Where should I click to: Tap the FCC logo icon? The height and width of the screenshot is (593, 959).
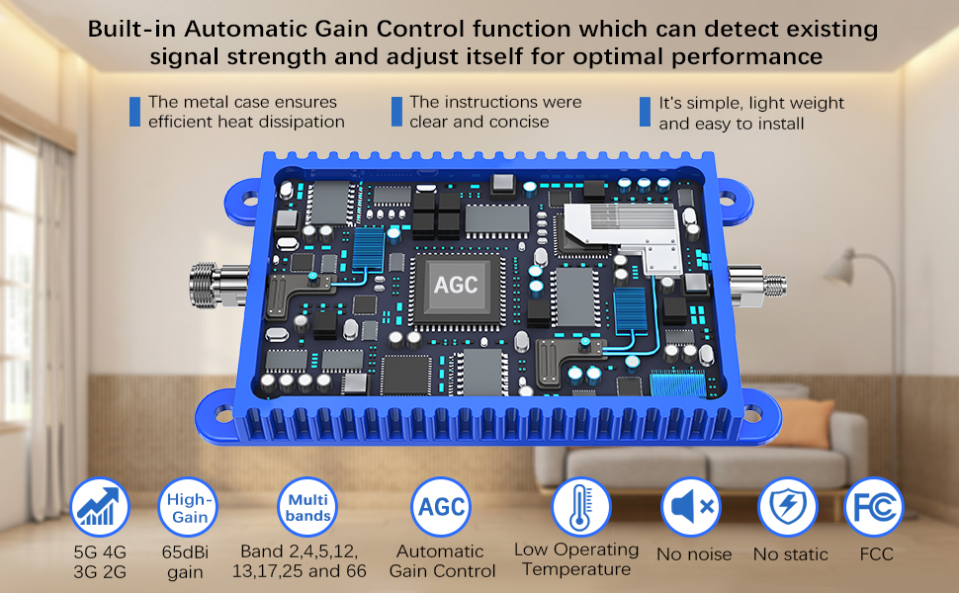pyautogui.click(x=873, y=507)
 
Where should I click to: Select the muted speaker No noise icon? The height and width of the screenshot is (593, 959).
pyautogui.click(x=691, y=507)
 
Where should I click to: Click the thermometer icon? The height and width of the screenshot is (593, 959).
pyautogui.click(x=581, y=507)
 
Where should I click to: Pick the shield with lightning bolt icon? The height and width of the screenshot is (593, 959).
pyautogui.click(x=788, y=507)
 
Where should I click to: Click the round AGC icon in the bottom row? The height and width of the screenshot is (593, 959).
pyautogui.click(x=441, y=507)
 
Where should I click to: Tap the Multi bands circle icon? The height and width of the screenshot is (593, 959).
pyautogui.click(x=307, y=507)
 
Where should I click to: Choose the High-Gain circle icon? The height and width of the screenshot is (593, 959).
pyautogui.click(x=188, y=507)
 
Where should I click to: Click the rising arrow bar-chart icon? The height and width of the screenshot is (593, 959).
pyautogui.click(x=100, y=507)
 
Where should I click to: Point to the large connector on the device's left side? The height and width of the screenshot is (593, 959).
pyautogui.click(x=218, y=284)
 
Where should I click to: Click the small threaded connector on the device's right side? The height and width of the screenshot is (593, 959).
pyautogui.click(x=756, y=285)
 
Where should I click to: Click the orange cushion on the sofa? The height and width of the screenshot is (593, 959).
pyautogui.click(x=801, y=422)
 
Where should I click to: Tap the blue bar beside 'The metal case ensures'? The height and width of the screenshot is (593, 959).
pyautogui.click(x=134, y=112)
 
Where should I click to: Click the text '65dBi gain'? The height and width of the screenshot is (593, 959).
pyautogui.click(x=185, y=561)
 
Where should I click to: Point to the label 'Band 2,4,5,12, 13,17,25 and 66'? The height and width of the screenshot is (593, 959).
pyautogui.click(x=300, y=561)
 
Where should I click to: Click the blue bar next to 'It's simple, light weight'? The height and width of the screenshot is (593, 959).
pyautogui.click(x=645, y=112)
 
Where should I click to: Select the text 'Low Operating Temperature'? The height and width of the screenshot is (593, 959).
pyautogui.click(x=576, y=559)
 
